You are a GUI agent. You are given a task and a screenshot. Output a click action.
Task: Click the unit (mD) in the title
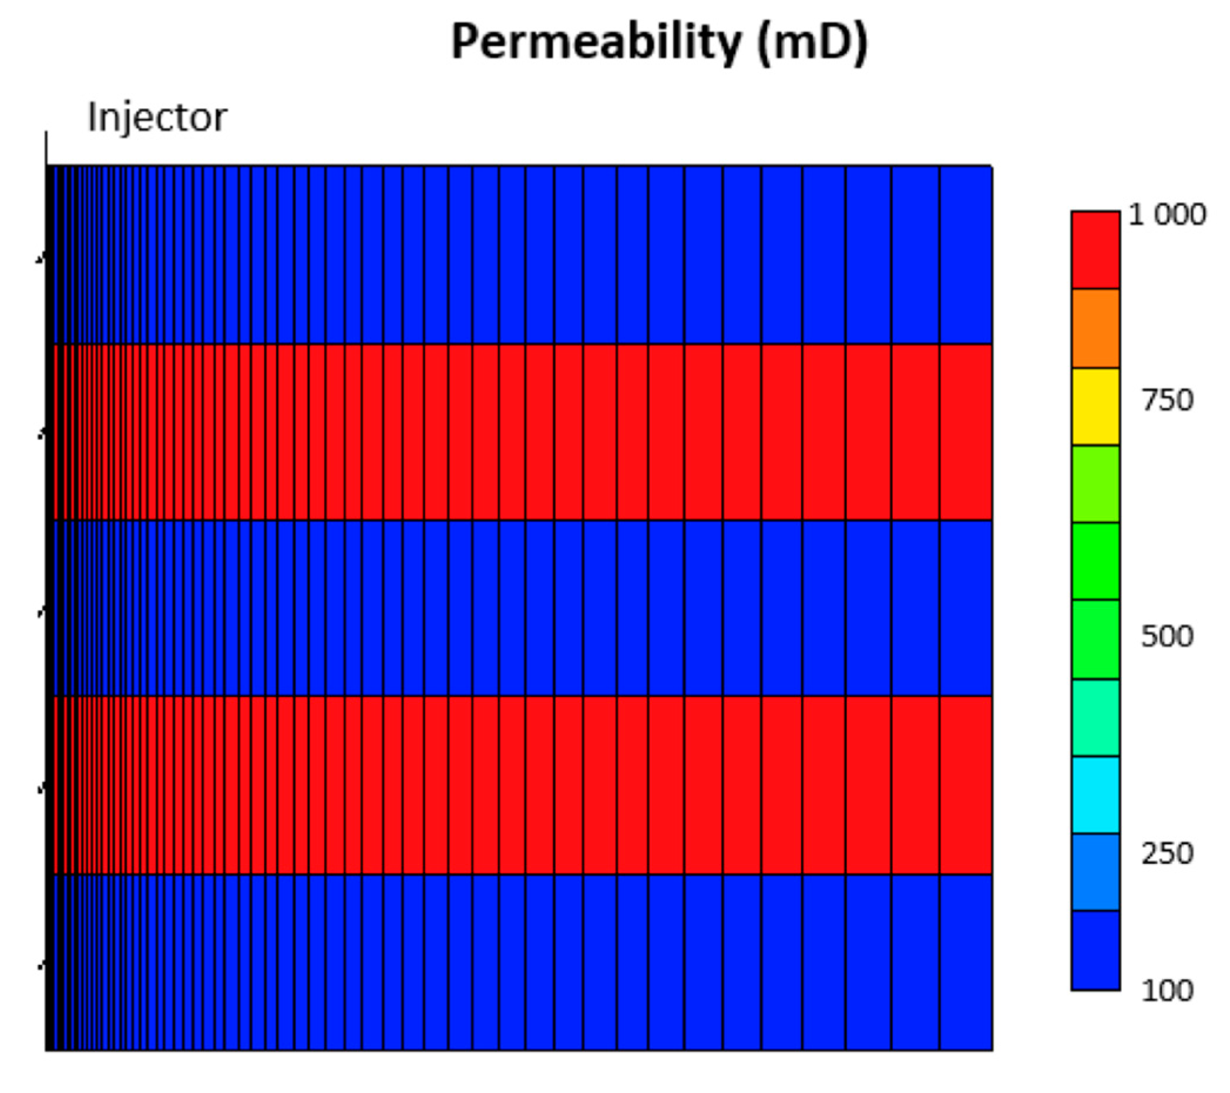pos(812,43)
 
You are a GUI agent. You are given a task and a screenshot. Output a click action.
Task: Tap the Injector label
pos(157,117)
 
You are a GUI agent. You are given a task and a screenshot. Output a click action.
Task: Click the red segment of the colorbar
pos(1095,250)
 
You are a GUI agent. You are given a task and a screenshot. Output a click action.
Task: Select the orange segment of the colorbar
pos(1095,328)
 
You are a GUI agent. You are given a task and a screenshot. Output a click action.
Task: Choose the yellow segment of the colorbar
pos(1095,406)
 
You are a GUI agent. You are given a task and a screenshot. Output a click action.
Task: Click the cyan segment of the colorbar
pos(1095,795)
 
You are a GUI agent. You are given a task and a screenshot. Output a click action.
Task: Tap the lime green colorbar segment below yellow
pos(1095,483)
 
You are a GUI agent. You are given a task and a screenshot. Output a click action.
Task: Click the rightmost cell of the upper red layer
pos(966,432)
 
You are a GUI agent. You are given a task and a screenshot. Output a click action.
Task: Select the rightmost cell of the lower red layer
pos(966,785)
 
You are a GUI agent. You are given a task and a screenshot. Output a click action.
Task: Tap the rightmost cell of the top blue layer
pos(966,254)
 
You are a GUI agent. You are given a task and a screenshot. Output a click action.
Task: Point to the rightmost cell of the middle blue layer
pos(966,608)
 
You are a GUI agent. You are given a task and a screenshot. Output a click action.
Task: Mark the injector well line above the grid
pos(46,148)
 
